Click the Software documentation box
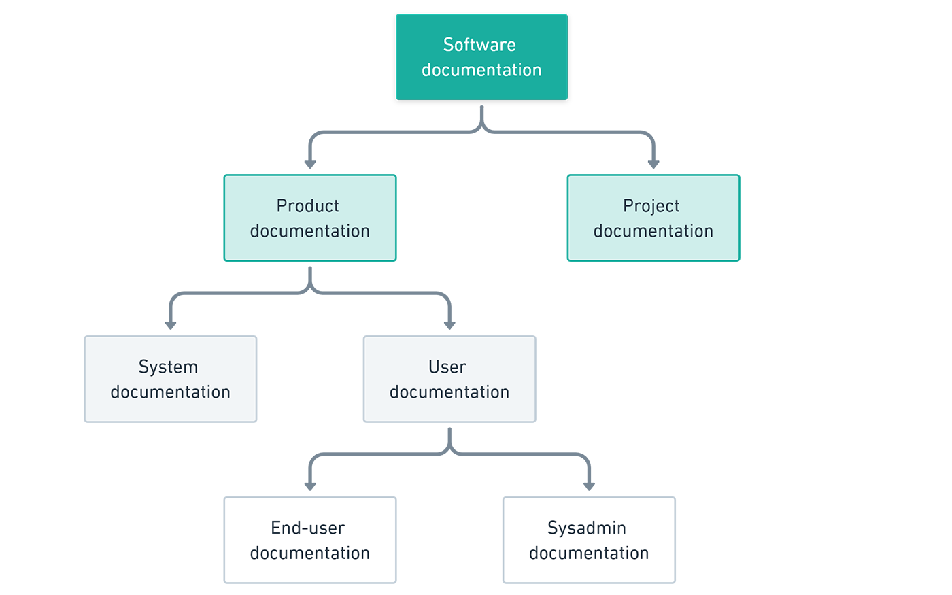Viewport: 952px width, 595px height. pyautogui.click(x=481, y=57)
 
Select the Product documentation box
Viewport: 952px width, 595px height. pyautogui.click(x=310, y=218)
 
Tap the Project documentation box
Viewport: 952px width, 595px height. pyautogui.click(x=653, y=218)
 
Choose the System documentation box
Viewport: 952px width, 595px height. pyautogui.click(x=171, y=379)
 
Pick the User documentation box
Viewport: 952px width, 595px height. pyautogui.click(x=449, y=379)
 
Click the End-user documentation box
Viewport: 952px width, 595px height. pyautogui.click(x=310, y=541)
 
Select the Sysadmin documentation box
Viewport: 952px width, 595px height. pyautogui.click(x=589, y=541)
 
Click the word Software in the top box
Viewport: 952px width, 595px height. pyautogui.click(x=479, y=45)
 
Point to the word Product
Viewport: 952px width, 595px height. pyautogui.click(x=307, y=206)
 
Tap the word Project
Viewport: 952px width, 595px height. pyautogui.click(x=651, y=206)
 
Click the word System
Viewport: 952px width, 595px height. pyautogui.click(x=168, y=367)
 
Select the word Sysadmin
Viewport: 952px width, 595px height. pyautogui.click(x=586, y=528)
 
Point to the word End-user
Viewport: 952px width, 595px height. pyautogui.click(x=307, y=528)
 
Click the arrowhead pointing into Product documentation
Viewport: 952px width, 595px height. pyautogui.click(x=310, y=164)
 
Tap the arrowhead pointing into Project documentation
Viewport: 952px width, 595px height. pyautogui.click(x=653, y=164)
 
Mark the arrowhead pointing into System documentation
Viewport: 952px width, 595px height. pyautogui.click(x=171, y=325)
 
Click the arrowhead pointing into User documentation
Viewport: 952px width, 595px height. pyautogui.click(x=449, y=325)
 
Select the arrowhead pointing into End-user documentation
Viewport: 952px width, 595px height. pyautogui.click(x=310, y=486)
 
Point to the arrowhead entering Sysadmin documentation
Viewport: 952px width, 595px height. pyautogui.click(x=589, y=486)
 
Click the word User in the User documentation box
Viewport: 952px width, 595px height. pyautogui.click(x=447, y=367)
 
